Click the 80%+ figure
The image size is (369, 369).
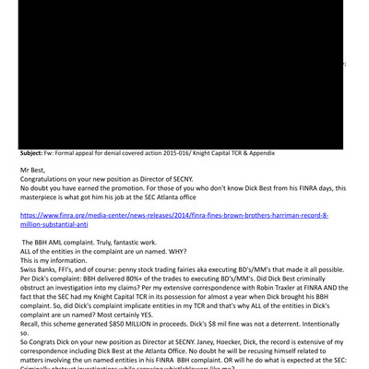(137, 278)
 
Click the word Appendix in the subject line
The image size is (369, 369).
(257, 153)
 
